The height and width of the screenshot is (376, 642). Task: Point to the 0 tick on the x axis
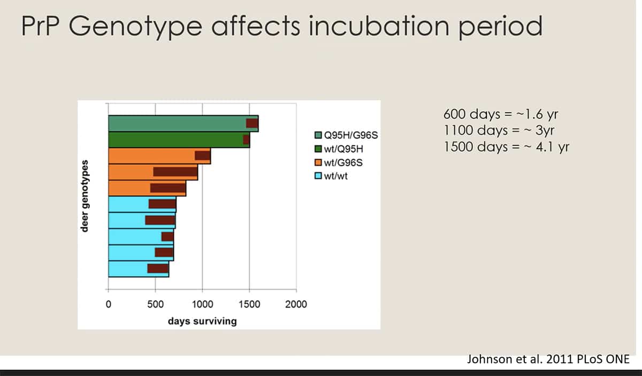click(109, 304)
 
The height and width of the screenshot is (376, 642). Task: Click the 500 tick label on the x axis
click(155, 304)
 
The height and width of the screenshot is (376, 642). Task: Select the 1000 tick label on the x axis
click(202, 304)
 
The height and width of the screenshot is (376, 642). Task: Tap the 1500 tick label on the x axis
click(249, 304)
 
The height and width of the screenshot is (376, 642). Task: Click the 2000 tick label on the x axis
click(296, 304)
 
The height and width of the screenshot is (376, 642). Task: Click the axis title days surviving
click(202, 321)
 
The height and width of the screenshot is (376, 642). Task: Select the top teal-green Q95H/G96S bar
click(177, 123)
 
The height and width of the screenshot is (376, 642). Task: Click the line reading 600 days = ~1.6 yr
click(501, 114)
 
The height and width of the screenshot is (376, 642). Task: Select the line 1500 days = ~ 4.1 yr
click(506, 147)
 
